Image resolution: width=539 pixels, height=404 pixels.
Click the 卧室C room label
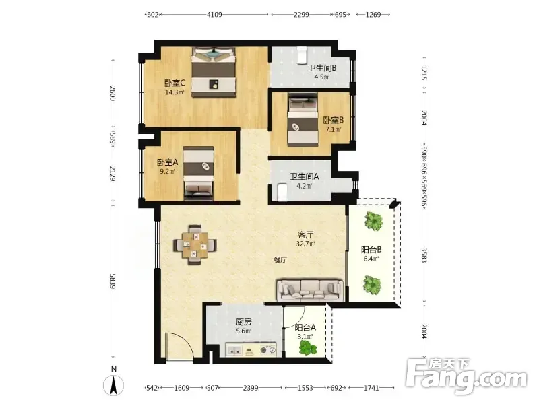tap(175, 83)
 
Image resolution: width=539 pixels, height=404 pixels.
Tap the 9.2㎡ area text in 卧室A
tap(167, 171)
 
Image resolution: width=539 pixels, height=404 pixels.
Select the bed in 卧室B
tap(303, 120)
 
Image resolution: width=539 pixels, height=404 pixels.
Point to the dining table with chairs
tap(195, 244)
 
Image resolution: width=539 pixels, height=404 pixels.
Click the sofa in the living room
tap(310, 290)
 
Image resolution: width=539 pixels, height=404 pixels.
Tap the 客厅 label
tap(305, 235)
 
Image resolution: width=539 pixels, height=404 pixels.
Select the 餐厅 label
tap(280, 260)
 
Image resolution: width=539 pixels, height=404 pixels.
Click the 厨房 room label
tap(243, 322)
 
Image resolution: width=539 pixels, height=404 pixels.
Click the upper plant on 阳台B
tap(373, 221)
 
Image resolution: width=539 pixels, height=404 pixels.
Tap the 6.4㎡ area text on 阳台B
tap(371, 259)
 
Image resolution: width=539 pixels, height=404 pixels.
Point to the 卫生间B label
tap(322, 68)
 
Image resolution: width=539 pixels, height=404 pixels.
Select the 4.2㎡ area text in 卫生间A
tap(305, 186)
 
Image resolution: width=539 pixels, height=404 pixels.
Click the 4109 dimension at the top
tap(214, 14)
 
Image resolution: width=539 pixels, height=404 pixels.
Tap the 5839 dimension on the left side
tap(113, 281)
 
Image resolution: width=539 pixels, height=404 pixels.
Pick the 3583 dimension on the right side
tap(424, 255)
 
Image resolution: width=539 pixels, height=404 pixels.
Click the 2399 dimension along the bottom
tap(250, 388)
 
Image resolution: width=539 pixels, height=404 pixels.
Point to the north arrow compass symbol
tap(113, 384)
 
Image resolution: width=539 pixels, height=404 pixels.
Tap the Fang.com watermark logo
tap(466, 377)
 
